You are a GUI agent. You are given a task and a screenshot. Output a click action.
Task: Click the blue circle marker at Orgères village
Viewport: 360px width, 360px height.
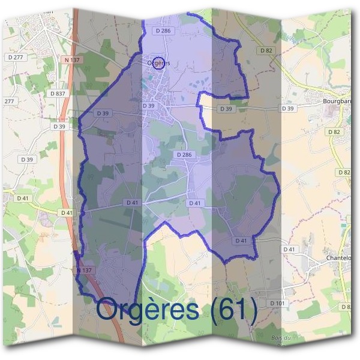pos(158,62)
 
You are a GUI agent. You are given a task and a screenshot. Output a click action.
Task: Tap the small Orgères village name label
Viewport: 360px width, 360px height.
pos(158,63)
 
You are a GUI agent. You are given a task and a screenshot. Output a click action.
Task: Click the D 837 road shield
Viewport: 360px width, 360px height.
pos(58,94)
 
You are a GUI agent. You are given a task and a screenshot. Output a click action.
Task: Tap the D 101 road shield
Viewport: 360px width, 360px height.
pos(277,303)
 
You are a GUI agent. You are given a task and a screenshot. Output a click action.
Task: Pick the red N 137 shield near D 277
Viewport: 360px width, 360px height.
pos(71,60)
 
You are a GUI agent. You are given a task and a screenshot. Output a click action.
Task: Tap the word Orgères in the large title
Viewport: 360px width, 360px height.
pos(148,310)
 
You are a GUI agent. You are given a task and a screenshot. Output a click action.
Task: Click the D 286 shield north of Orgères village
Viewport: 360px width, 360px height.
pos(162,30)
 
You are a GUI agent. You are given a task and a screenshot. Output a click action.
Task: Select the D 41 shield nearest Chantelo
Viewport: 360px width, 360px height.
pos(289,249)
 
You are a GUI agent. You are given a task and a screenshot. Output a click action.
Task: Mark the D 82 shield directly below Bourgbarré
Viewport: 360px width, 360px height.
pos(334,131)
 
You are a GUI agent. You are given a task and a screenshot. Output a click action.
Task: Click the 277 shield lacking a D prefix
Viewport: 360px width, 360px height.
pos(9,101)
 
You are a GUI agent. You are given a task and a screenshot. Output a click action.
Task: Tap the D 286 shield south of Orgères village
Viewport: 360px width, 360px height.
pos(185,155)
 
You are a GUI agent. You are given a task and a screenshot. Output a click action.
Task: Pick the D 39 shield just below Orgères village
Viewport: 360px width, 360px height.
pos(149,106)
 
